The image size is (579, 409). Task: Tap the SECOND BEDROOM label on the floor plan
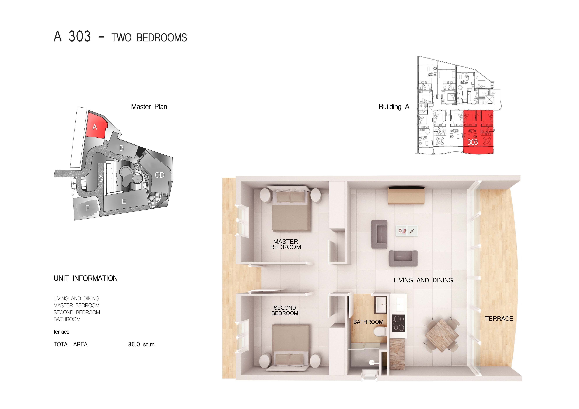click(x=285, y=310)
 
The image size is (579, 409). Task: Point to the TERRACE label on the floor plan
click(x=499, y=319)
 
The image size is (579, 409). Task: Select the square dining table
click(x=442, y=335)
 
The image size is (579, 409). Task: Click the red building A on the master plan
click(x=96, y=125)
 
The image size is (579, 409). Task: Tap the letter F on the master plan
click(x=87, y=208)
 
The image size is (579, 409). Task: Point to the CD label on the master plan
click(x=159, y=175)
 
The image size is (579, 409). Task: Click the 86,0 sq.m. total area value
click(x=142, y=344)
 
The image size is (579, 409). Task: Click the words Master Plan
click(x=149, y=107)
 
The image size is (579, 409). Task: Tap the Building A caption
click(x=394, y=107)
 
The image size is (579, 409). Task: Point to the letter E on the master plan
click(x=124, y=201)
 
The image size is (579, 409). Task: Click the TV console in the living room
click(x=406, y=196)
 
